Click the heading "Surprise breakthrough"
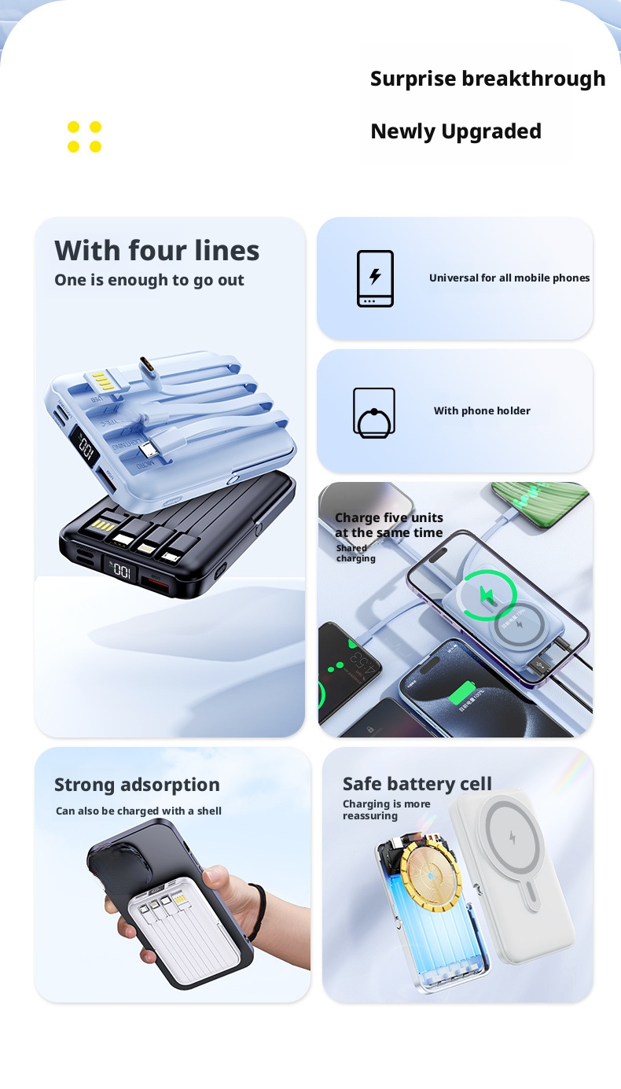tap(487, 79)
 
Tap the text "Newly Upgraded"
tap(456, 131)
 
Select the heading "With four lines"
tap(156, 250)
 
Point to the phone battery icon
tap(375, 278)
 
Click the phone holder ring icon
tap(374, 412)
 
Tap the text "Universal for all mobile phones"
tap(509, 278)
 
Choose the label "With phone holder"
tap(482, 410)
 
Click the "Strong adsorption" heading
tap(137, 785)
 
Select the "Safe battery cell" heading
tap(417, 784)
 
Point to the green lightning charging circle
tap(487, 594)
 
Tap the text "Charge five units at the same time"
tap(389, 525)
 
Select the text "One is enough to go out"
tap(149, 280)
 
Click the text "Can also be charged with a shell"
tap(138, 811)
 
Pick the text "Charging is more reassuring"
tap(386, 810)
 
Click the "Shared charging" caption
tap(355, 554)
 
